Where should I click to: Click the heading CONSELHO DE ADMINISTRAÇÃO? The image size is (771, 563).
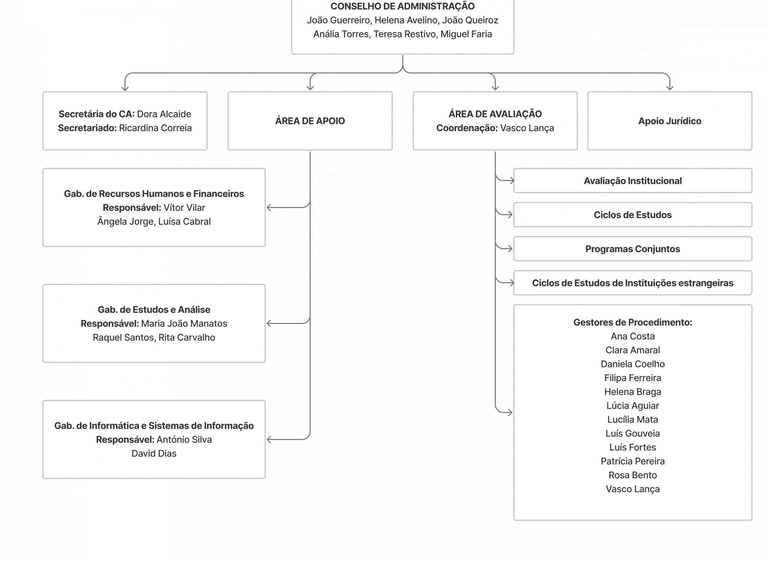(x=402, y=7)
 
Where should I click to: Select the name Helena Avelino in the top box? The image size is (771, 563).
(x=406, y=20)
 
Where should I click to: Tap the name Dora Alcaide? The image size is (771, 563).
(x=164, y=114)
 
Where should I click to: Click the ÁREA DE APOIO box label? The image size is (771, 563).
(x=310, y=121)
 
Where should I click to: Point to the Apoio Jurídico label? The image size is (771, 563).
(x=669, y=121)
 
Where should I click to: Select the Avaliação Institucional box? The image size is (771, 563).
(x=633, y=181)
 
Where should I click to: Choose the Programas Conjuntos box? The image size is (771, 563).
(x=633, y=249)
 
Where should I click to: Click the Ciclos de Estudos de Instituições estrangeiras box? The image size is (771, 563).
(x=633, y=283)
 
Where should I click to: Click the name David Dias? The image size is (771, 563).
(x=154, y=454)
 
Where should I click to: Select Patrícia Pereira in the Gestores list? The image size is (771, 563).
(x=633, y=461)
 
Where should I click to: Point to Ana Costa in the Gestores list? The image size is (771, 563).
(x=633, y=336)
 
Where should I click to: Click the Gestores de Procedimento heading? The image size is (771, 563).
(x=633, y=322)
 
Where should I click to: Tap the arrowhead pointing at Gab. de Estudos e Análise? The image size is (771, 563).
(x=269, y=323)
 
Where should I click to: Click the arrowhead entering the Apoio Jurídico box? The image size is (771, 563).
(x=670, y=88)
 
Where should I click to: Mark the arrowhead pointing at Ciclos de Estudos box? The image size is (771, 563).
(x=510, y=215)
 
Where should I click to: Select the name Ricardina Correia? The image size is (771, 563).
(x=155, y=128)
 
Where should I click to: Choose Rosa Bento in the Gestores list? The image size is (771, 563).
(x=633, y=475)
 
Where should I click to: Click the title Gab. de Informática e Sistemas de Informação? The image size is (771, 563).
(x=154, y=426)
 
